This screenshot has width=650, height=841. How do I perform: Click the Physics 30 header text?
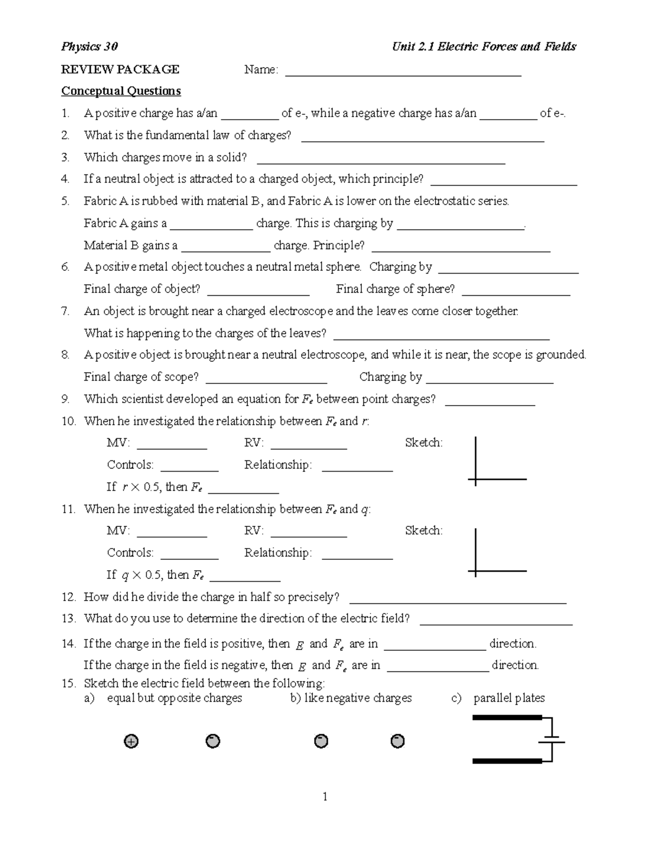pos(89,47)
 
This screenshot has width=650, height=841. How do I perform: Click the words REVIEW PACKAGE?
pos(120,69)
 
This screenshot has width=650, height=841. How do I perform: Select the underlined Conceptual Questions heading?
pos(121,91)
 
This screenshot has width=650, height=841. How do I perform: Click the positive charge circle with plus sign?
pos(131,741)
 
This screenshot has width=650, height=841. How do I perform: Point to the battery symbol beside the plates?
pos(552,739)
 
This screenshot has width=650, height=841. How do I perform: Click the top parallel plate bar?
pos(507,718)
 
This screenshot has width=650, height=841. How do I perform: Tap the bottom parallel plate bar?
pos(507,761)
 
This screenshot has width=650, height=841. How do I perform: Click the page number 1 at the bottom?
pos(325,796)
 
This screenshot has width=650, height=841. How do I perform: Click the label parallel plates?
pos(509,698)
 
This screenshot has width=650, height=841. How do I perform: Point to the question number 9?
pos(66,400)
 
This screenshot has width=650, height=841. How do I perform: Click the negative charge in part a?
pos(213,741)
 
